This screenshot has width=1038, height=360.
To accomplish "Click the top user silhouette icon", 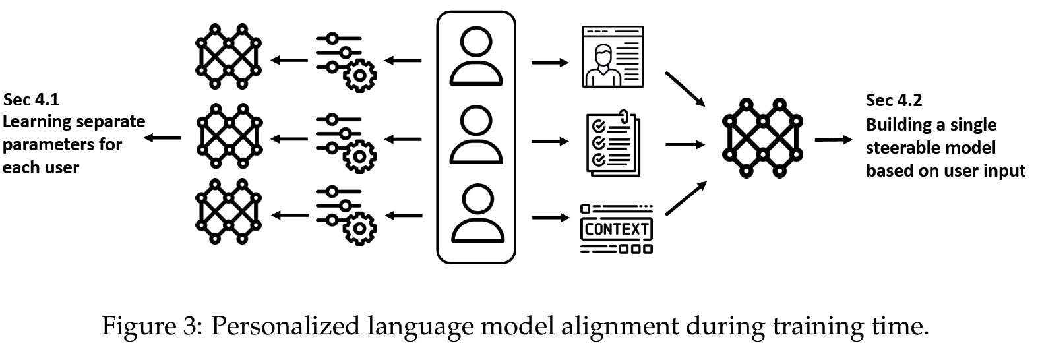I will click(x=476, y=58).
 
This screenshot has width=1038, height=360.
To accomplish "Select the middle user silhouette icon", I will click(x=476, y=136).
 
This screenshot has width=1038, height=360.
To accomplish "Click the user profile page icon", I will click(x=612, y=57).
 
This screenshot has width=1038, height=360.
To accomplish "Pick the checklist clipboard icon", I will click(x=613, y=143).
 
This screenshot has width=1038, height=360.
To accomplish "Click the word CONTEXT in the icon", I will click(x=617, y=229).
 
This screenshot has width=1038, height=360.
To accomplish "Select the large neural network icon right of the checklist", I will click(x=762, y=138).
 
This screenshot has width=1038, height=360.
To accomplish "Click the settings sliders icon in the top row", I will click(x=346, y=60).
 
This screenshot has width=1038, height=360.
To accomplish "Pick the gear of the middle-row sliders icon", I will click(x=359, y=156).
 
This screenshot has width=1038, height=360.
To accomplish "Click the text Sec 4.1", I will click(x=31, y=100).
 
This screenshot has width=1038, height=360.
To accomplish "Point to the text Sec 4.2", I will click(x=894, y=100).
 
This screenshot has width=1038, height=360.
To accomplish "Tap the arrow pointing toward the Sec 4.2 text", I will click(x=834, y=140).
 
